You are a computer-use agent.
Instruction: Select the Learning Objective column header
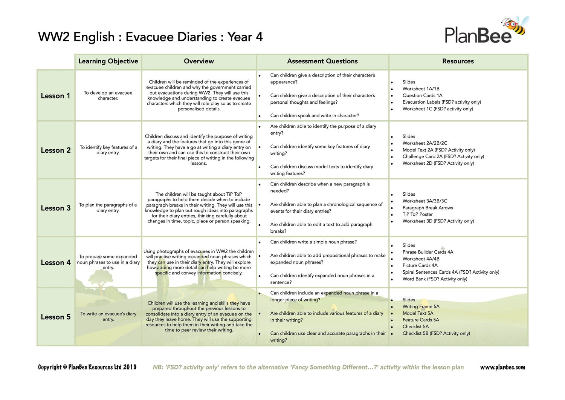click(108, 61)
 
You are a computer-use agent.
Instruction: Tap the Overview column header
click(199, 61)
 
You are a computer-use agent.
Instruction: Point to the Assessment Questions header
click(322, 61)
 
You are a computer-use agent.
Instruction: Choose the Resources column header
click(458, 61)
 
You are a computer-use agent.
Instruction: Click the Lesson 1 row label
click(56, 96)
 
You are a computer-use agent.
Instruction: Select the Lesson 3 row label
click(56, 208)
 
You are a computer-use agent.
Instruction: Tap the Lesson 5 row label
click(56, 317)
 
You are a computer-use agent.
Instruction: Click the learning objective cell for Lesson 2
click(108, 150)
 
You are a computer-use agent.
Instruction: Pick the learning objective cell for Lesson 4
click(108, 262)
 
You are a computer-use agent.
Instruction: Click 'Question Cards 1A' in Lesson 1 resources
click(422, 95)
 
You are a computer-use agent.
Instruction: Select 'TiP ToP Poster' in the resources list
click(417, 214)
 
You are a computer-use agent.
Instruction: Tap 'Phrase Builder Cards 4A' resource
click(428, 252)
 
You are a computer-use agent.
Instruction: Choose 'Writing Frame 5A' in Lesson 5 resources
click(421, 307)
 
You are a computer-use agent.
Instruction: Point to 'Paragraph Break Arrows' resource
click(428, 208)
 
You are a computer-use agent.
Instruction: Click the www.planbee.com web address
click(502, 367)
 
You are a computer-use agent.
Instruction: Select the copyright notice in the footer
click(87, 367)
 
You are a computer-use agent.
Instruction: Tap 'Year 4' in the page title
click(245, 37)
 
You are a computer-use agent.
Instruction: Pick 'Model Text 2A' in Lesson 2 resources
click(418, 150)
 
